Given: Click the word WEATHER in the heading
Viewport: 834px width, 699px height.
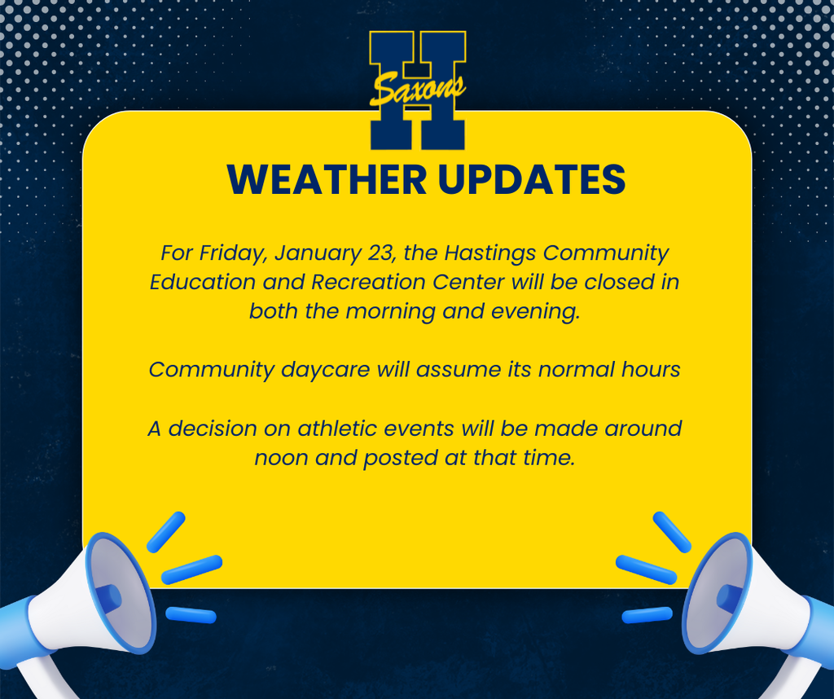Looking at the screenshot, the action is click(327, 179).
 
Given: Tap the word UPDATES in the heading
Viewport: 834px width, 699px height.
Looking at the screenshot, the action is click(532, 179).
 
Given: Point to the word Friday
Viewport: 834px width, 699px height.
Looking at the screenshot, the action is click(233, 253).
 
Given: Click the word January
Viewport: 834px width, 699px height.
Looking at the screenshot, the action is click(318, 253).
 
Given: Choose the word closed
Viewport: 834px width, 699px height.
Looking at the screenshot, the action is click(620, 282).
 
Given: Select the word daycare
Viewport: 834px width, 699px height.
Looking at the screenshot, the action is click(326, 370).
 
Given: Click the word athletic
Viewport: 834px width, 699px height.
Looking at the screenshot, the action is click(337, 429).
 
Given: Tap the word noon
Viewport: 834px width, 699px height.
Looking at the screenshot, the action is click(281, 458).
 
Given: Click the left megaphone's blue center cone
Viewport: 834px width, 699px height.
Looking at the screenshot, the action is click(108, 599).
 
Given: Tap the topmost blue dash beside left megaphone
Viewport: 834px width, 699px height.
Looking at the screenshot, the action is click(166, 532).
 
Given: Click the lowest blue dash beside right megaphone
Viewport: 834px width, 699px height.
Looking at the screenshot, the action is click(647, 615).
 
